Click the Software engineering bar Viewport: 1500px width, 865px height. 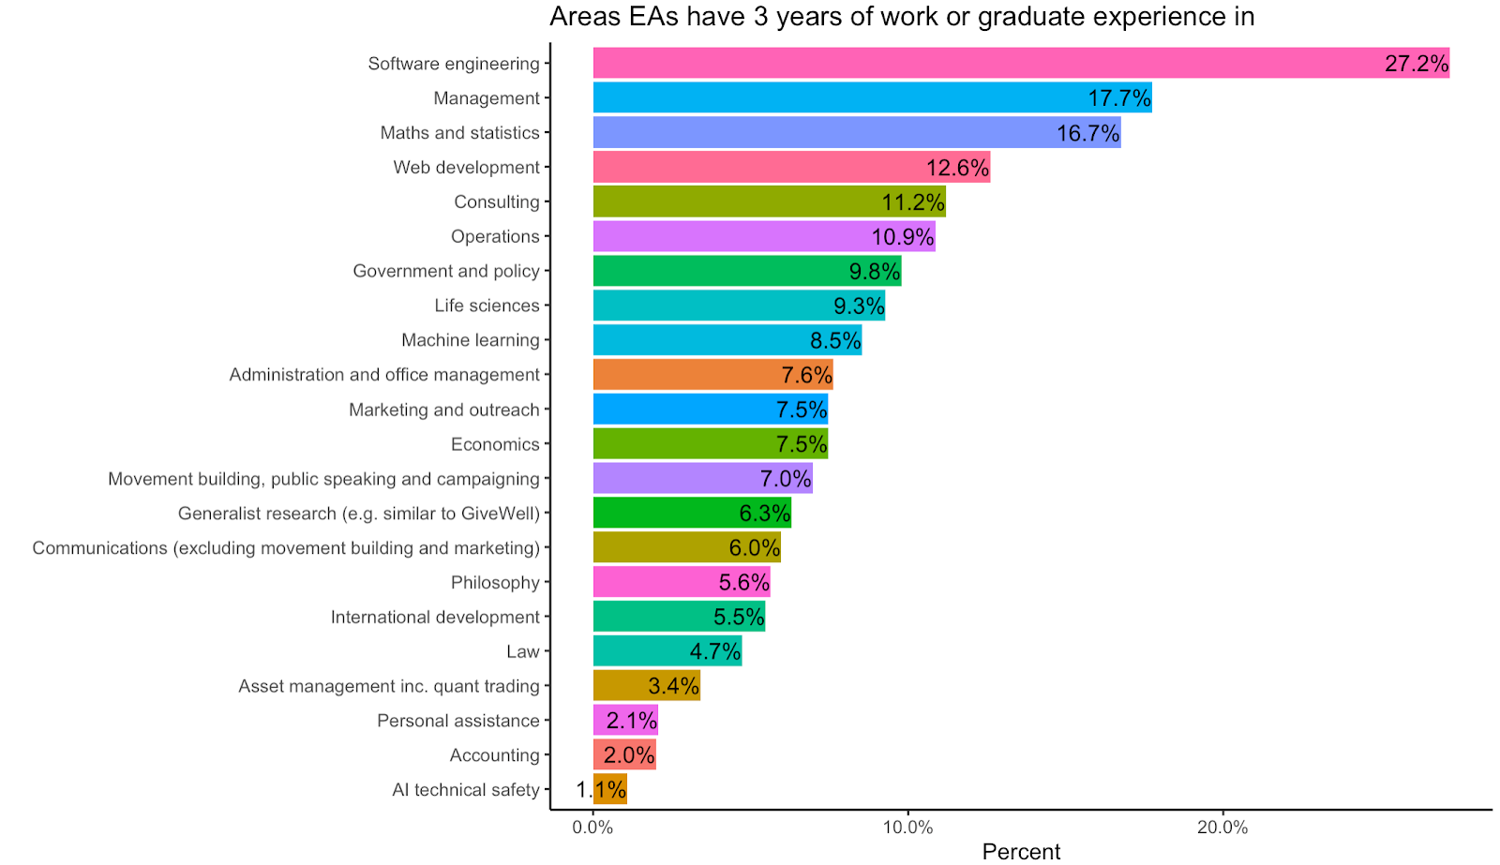pos(1020,63)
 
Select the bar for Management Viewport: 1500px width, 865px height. pos(872,97)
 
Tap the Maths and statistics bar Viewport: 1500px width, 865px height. pos(856,132)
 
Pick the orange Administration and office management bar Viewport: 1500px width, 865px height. pos(712,375)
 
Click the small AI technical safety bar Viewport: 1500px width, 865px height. pos(610,789)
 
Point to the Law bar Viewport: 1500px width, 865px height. pos(667,651)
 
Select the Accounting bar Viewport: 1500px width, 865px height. pos(624,754)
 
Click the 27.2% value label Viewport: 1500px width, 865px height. pos(1416,63)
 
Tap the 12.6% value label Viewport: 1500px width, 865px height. pos(957,168)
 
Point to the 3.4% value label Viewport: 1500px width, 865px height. pos(673,686)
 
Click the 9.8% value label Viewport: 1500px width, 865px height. pos(874,272)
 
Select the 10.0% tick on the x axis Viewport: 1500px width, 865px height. pos(907,828)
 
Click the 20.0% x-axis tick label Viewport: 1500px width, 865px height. pos(1222,828)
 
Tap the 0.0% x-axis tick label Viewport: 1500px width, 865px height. pos(592,828)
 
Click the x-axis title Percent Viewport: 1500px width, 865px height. pos(1021,851)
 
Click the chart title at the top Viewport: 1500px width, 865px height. pos(901,17)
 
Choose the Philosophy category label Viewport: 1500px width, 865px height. pos(495,582)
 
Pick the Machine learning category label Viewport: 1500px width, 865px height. pos(471,340)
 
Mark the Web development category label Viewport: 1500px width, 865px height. pos(466,167)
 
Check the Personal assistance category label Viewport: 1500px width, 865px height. pos(458,721)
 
